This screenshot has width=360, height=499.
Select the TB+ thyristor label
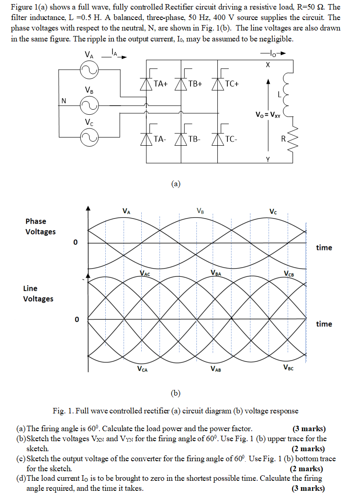click(x=195, y=84)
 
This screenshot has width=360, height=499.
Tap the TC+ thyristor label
click(x=232, y=84)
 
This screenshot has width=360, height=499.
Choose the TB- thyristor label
click(x=194, y=139)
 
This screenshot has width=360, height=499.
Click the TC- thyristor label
click(x=231, y=139)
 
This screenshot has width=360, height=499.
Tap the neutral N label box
click(x=64, y=101)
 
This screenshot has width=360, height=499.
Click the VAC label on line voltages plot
click(x=145, y=274)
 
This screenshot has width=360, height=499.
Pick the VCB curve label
click(x=288, y=274)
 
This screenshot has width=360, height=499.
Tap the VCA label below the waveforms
click(x=142, y=369)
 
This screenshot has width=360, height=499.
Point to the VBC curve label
click(x=288, y=368)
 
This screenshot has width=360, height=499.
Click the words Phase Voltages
click(x=40, y=226)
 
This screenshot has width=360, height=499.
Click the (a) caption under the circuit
click(x=176, y=184)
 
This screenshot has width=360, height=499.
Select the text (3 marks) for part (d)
click(x=309, y=489)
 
